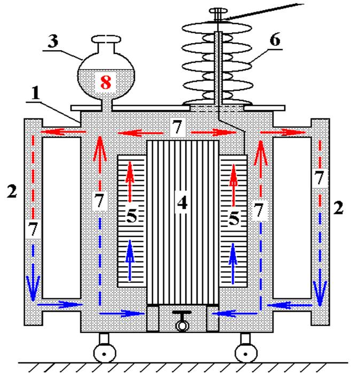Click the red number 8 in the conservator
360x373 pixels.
(x=106, y=82)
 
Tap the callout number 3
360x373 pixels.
(x=53, y=41)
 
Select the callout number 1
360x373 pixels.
(x=36, y=93)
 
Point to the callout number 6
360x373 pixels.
(x=275, y=40)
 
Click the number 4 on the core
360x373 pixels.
(x=182, y=203)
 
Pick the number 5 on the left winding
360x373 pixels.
(x=132, y=216)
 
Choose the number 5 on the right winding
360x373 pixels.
(x=234, y=219)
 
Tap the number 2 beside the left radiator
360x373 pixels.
(x=12, y=191)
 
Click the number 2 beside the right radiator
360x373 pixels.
(x=338, y=208)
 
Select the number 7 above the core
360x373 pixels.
(x=177, y=127)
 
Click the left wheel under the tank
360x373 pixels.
(x=104, y=354)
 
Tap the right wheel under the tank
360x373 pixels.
(x=246, y=354)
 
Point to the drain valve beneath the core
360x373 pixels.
(x=182, y=321)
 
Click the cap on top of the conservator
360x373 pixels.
(x=106, y=39)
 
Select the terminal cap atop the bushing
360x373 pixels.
(x=218, y=11)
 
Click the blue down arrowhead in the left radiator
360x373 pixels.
(x=33, y=288)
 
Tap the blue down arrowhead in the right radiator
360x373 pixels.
(x=320, y=293)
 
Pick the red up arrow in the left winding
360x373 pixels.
(x=130, y=182)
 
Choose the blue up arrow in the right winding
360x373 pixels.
(x=233, y=264)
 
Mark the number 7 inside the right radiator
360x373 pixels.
(x=319, y=178)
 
